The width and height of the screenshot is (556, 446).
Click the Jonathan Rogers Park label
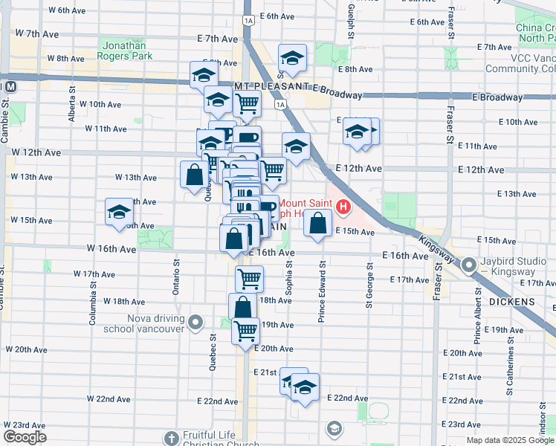point(125,50)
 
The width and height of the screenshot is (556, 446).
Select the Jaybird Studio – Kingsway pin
point(469,265)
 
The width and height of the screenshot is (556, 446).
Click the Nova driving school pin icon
point(195,323)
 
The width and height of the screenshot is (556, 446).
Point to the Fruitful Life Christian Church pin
point(171,437)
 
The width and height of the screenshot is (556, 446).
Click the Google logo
point(25,437)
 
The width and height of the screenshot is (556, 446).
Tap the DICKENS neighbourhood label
point(513,301)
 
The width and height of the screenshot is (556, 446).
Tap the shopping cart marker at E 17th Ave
point(249,279)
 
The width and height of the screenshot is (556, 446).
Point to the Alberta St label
point(72,102)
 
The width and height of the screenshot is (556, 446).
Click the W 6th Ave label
point(67,10)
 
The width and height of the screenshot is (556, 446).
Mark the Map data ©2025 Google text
point(509,440)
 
